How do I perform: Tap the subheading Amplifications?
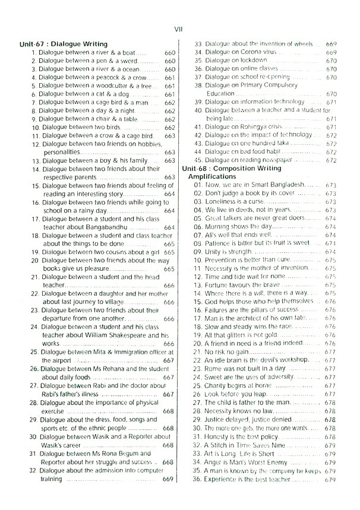(x=212, y=177)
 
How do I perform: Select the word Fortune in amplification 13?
(x=218, y=285)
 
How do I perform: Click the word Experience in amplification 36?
(x=224, y=479)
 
